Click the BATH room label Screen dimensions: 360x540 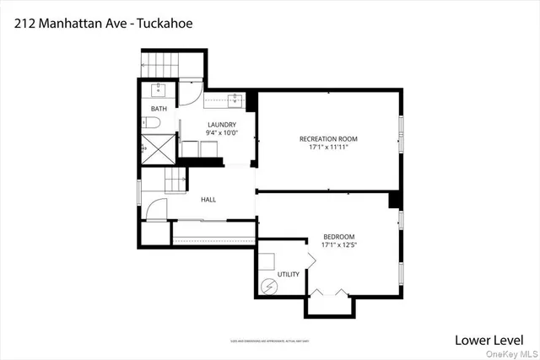(159, 110)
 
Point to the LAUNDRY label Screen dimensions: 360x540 (222, 125)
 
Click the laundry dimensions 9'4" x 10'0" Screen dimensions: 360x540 (222, 133)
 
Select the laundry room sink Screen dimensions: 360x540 (235, 101)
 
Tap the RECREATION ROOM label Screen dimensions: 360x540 (328, 138)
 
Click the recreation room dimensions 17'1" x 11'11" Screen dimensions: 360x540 (328, 148)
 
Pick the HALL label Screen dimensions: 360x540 (208, 200)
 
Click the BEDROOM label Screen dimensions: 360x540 (338, 237)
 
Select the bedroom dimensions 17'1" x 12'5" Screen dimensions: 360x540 (338, 246)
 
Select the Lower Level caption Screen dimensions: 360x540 (488, 340)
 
